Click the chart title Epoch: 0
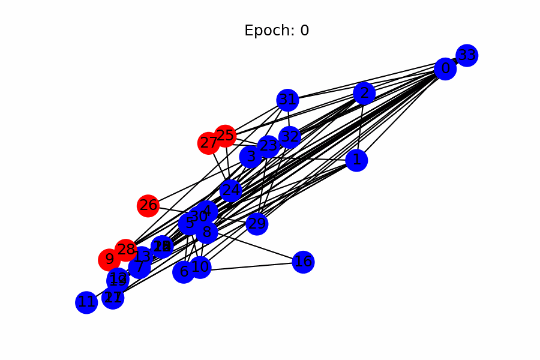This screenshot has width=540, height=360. pyautogui.click(x=277, y=31)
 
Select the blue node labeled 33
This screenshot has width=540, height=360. pyautogui.click(x=467, y=56)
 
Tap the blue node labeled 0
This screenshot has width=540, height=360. pyautogui.click(x=445, y=69)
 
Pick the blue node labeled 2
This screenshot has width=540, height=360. pyautogui.click(x=364, y=93)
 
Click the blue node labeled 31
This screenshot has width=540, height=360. pyautogui.click(x=288, y=100)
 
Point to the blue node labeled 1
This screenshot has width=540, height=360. pyautogui.click(x=357, y=160)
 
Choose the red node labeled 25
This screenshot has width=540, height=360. pyautogui.click(x=225, y=136)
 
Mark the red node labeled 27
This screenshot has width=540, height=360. pyautogui.click(x=208, y=143)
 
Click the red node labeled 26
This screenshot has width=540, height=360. pyautogui.click(x=148, y=206)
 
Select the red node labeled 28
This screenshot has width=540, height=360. pyautogui.click(x=126, y=250)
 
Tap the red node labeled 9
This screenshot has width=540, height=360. pyautogui.click(x=109, y=260)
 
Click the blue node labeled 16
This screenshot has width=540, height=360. pyautogui.click(x=304, y=262)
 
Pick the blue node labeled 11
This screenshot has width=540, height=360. pyautogui.click(x=86, y=302)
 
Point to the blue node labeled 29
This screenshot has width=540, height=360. pyautogui.click(x=257, y=224)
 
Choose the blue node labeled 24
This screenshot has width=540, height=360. pyautogui.click(x=231, y=191)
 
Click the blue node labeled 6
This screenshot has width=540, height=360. pyautogui.click(x=184, y=272)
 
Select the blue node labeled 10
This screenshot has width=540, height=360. pyautogui.click(x=200, y=267)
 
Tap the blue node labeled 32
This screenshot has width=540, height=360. pyautogui.click(x=290, y=136)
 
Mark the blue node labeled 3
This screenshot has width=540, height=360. pyautogui.click(x=251, y=157)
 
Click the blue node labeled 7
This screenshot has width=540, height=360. pyautogui.click(x=139, y=267)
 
